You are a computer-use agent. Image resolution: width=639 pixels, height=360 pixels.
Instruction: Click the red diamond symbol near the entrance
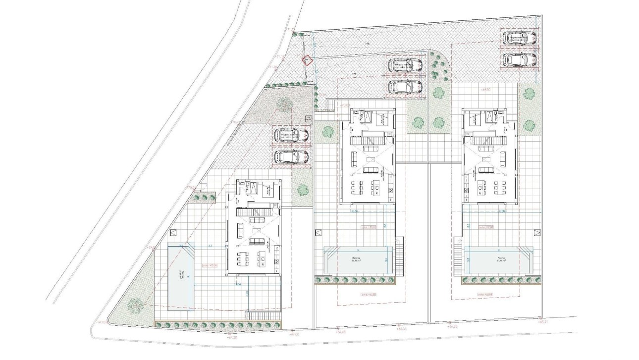307,60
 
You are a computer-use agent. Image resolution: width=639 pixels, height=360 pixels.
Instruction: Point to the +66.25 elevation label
451,327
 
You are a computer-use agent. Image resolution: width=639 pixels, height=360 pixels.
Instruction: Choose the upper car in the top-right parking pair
519,39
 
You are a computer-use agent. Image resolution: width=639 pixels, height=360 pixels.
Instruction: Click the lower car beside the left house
292,156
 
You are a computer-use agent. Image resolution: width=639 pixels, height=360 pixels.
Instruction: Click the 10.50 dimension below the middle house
355,211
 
